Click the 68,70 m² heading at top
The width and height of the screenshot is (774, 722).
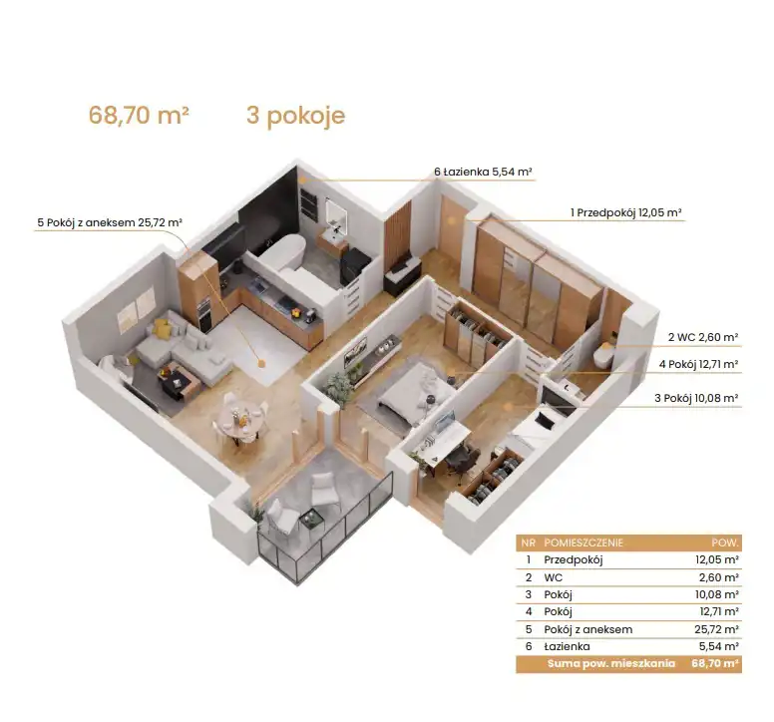139,115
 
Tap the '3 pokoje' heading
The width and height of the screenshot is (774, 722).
295,117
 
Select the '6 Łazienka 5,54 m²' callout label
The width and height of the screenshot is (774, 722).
483,172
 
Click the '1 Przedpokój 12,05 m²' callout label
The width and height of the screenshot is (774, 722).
626,212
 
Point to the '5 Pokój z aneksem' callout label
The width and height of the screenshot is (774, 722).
110,222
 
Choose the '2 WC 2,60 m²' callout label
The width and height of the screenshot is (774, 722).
703,337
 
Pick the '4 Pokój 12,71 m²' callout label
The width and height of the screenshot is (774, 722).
698,364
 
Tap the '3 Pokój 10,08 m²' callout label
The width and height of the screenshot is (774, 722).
696,398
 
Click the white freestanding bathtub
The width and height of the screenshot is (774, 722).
283,251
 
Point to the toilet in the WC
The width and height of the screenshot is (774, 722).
604,354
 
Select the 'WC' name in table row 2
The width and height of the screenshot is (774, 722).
553,577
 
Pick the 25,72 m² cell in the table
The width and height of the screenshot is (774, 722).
716,629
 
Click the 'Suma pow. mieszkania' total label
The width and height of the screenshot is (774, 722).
610,663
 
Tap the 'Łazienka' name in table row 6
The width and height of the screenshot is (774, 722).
567,646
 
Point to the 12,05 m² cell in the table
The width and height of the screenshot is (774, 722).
717,559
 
